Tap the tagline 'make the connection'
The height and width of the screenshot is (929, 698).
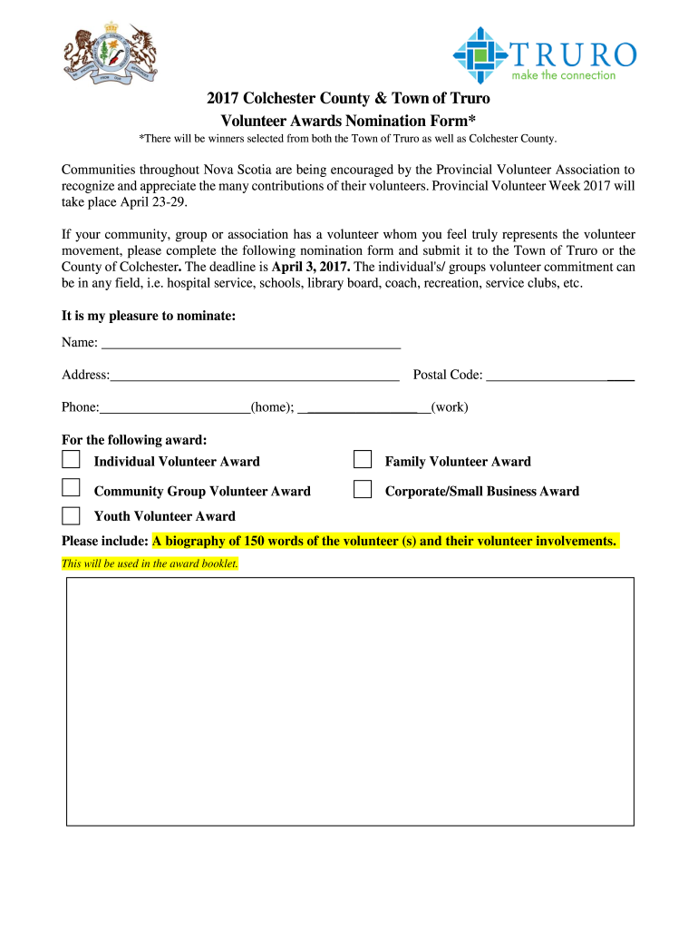click(x=563, y=75)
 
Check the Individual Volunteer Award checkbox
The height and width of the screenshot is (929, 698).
click(x=71, y=460)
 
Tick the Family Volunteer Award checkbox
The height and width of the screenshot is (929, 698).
click(x=363, y=460)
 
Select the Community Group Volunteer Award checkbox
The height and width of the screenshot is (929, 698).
click(x=71, y=489)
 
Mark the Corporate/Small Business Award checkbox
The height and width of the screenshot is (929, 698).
click(x=363, y=489)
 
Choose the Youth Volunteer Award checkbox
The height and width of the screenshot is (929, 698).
click(x=71, y=515)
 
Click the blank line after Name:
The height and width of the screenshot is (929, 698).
click(x=251, y=346)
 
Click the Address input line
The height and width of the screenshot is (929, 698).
click(x=255, y=378)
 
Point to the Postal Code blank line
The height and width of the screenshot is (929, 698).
click(x=559, y=378)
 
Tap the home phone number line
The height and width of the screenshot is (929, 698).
click(x=175, y=410)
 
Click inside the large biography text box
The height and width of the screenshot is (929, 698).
click(x=350, y=701)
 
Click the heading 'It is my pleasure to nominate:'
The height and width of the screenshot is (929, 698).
click(x=149, y=316)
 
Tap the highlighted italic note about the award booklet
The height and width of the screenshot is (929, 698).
click(x=150, y=563)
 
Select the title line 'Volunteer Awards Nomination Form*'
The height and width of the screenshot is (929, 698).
click(x=349, y=121)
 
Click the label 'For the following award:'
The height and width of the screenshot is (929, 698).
click(x=134, y=440)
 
